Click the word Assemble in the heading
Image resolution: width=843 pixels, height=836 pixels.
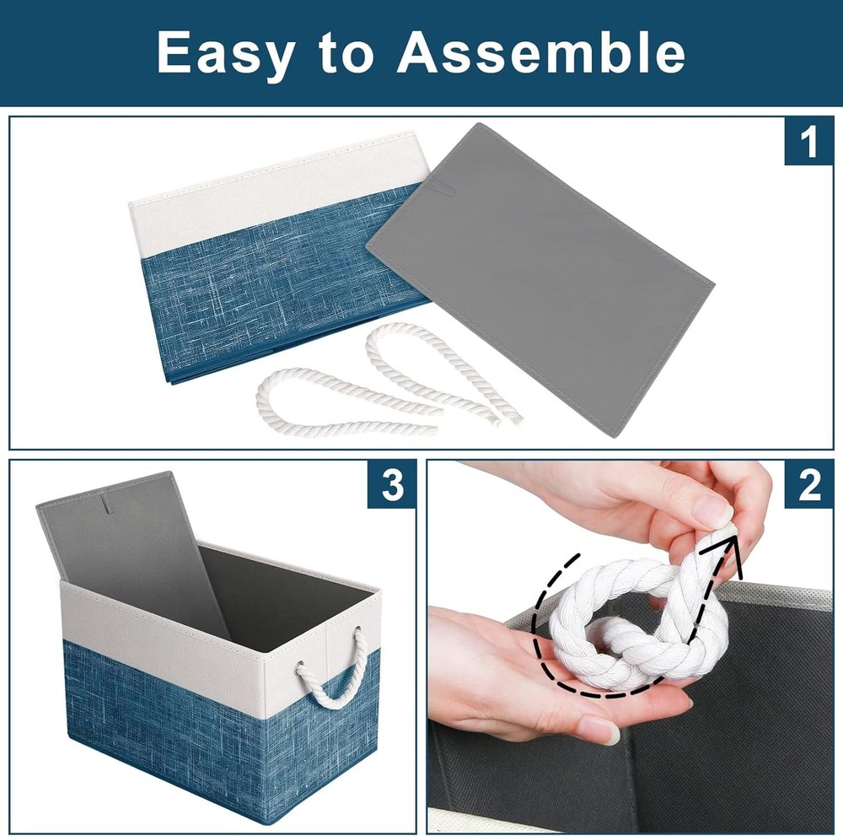point(541,51)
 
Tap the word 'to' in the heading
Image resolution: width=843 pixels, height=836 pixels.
point(346,52)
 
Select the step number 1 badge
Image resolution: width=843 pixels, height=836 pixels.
point(808,142)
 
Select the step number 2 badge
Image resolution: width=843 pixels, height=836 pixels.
point(808,485)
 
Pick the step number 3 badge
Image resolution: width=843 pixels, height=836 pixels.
point(392,485)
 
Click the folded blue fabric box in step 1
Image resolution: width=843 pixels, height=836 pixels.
point(280,258)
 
